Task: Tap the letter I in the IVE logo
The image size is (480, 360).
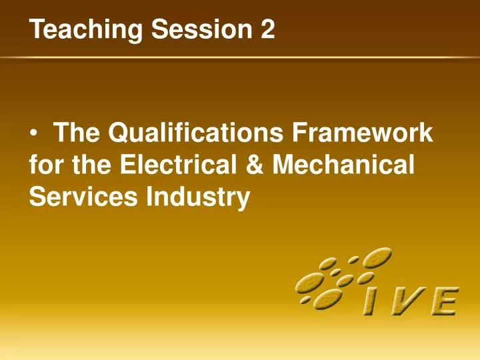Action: click(x=369, y=302)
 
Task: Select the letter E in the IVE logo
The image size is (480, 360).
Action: click(x=443, y=302)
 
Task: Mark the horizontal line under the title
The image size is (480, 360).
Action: click(x=240, y=59)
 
